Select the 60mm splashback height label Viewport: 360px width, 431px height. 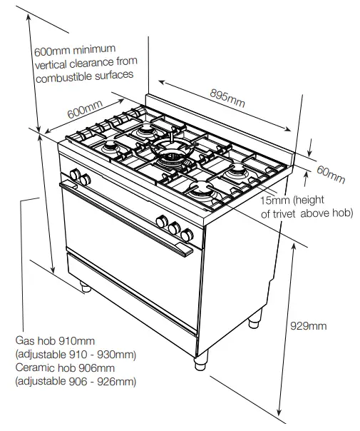[x=331, y=173]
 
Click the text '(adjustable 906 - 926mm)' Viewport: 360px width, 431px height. [x=76, y=382]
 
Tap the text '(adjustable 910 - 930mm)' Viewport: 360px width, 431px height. [x=76, y=355]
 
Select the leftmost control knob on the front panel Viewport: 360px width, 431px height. [x=74, y=175]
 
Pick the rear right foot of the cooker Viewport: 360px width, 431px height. [x=254, y=323]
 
